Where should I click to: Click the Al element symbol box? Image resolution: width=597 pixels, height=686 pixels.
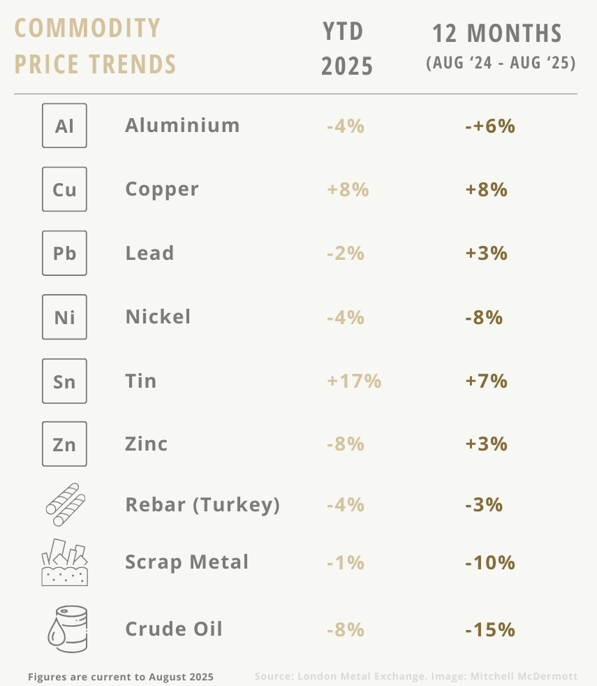[64, 126]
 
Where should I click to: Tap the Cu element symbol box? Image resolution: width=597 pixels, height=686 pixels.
[64, 189]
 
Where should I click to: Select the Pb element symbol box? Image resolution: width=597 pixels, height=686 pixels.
[64, 253]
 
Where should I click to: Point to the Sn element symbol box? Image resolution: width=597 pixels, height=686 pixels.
[64, 381]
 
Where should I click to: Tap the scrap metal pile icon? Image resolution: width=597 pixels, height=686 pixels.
[64, 562]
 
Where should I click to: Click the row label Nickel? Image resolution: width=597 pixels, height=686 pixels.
[158, 316]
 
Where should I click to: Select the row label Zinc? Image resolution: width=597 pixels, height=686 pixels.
[147, 444]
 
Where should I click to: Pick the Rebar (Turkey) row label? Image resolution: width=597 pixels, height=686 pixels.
[202, 504]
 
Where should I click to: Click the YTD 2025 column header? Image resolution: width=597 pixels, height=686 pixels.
[347, 49]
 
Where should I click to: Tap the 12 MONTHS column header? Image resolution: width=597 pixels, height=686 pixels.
[496, 34]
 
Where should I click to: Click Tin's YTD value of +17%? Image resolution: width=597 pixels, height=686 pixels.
[353, 381]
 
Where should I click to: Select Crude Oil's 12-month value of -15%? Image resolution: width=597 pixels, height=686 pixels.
[489, 629]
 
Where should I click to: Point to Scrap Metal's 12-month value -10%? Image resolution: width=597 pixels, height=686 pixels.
[489, 562]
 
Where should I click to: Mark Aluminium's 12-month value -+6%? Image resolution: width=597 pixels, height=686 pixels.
[489, 126]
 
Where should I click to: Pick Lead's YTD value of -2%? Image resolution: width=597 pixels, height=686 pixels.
[345, 253]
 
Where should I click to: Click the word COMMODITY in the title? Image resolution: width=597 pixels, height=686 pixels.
[88, 29]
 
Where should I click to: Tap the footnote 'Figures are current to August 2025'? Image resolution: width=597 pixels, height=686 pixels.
[121, 677]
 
